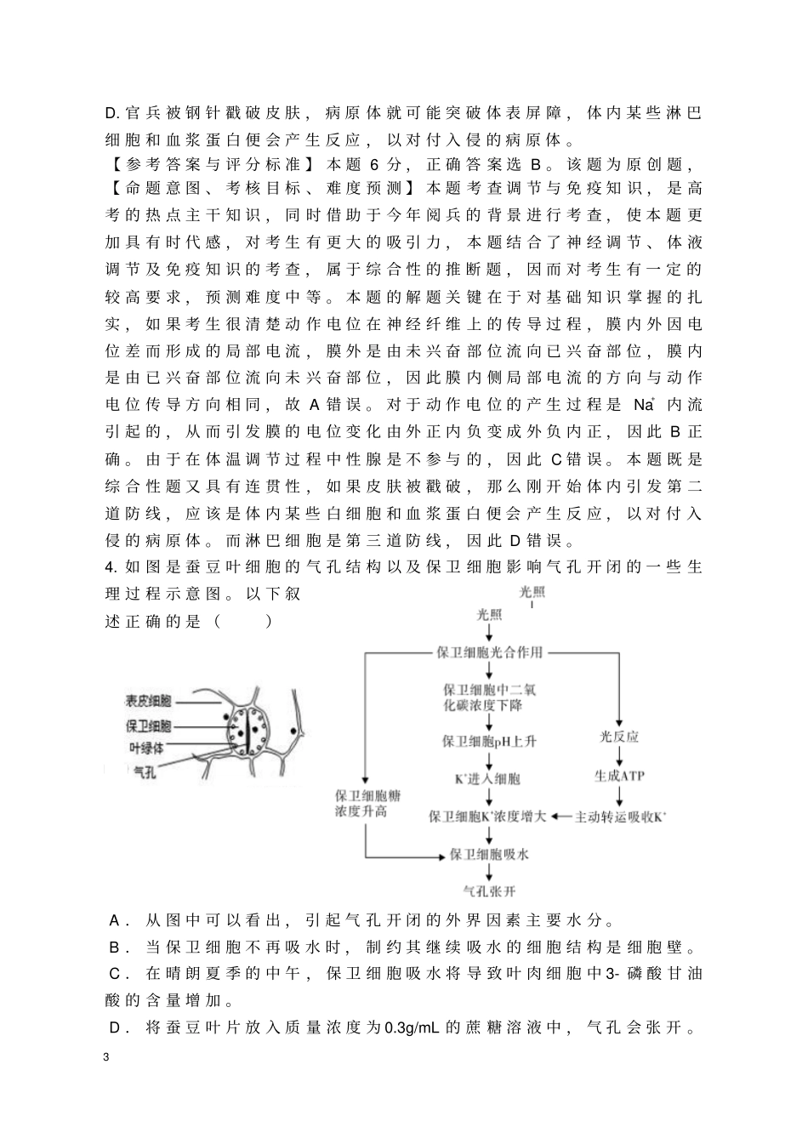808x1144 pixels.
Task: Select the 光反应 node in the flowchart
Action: (619, 737)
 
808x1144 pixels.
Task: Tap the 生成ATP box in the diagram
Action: (619, 776)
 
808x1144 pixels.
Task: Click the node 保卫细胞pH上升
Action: (489, 741)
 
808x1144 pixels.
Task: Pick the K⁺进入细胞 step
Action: (489, 778)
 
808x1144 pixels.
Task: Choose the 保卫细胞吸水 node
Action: (489, 853)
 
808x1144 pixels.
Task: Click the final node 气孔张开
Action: (489, 891)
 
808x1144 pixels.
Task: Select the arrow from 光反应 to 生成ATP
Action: (619, 756)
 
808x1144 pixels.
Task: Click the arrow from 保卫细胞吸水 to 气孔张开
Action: (489, 873)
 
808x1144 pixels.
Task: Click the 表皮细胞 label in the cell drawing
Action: (149, 701)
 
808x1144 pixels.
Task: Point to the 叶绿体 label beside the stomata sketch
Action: (145, 748)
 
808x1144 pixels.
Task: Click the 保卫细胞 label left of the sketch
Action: (149, 726)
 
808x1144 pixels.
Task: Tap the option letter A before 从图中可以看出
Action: (115, 921)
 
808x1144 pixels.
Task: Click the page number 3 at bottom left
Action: (105, 1057)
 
